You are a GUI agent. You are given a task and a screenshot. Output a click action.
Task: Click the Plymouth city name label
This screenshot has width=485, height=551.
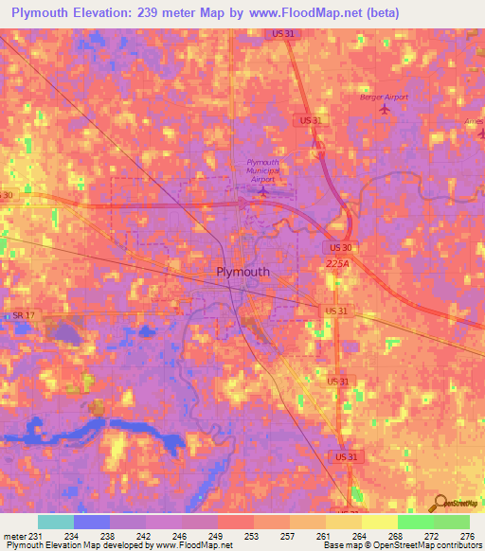pyautogui.click(x=237, y=272)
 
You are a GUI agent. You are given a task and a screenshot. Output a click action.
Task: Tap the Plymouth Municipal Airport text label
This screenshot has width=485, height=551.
pyautogui.click(x=261, y=170)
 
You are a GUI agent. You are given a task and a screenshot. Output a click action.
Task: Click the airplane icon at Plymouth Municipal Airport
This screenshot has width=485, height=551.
pyautogui.click(x=263, y=191)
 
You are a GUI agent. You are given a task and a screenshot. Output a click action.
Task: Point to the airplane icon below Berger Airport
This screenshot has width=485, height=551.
pyautogui.click(x=384, y=109)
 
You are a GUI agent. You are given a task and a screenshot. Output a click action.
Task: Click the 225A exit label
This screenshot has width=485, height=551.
pyautogui.click(x=338, y=263)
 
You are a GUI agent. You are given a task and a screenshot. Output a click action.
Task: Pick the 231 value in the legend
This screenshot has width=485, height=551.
pyautogui.click(x=35, y=536)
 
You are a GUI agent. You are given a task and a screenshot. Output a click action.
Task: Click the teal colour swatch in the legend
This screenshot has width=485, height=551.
pyautogui.click(x=55, y=522)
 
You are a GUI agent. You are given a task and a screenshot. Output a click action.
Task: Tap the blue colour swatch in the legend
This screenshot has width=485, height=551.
pyautogui.click(x=91, y=522)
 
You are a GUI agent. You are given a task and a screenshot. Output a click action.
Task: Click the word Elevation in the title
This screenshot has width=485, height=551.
pyautogui.click(x=106, y=12)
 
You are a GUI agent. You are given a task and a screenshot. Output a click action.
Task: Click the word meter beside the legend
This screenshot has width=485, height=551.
pyautogui.click(x=15, y=536)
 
